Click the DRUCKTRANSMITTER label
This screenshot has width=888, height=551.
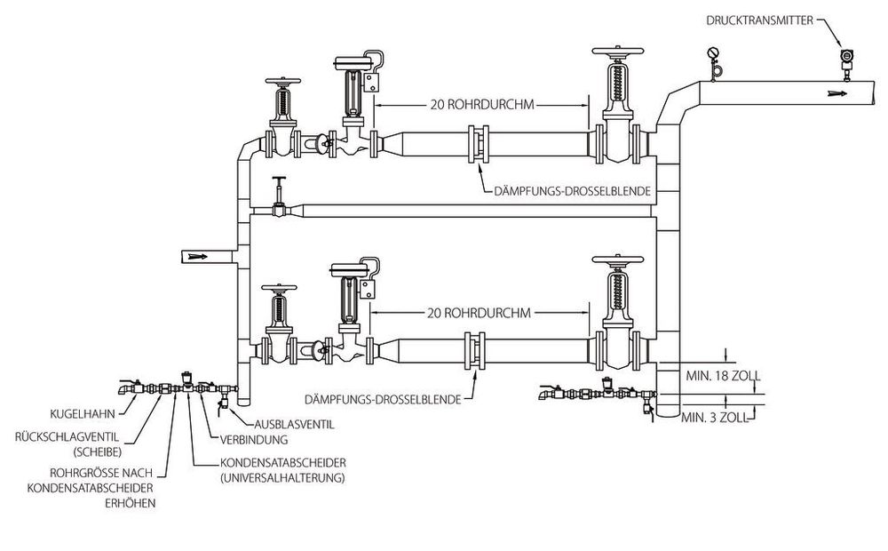click(759, 20)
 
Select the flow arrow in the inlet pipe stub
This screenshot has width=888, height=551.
click(198, 257)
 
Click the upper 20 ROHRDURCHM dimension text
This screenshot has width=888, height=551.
click(482, 104)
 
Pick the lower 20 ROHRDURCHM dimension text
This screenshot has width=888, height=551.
click(480, 313)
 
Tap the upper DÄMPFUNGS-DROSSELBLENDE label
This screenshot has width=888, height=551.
click(572, 192)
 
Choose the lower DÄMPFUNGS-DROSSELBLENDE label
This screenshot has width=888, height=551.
click(383, 400)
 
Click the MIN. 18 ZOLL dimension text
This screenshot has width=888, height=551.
click(723, 376)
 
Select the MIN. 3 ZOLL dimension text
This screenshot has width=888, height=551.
click(715, 418)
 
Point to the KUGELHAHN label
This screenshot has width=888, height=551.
click(83, 414)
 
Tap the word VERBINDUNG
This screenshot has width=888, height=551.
click(254, 439)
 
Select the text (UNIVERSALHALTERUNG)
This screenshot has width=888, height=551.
click(282, 478)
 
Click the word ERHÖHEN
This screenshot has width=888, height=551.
click(131, 503)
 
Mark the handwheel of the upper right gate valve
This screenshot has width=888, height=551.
click(618, 52)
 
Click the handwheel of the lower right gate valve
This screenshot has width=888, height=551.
click(618, 260)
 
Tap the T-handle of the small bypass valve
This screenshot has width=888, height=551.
click(279, 180)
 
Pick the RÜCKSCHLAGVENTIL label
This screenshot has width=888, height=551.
click(67, 436)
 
